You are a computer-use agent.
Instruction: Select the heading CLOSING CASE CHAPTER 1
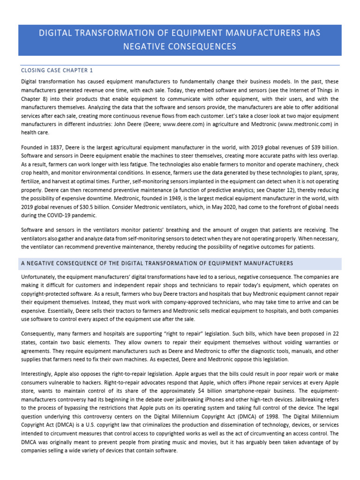57,70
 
